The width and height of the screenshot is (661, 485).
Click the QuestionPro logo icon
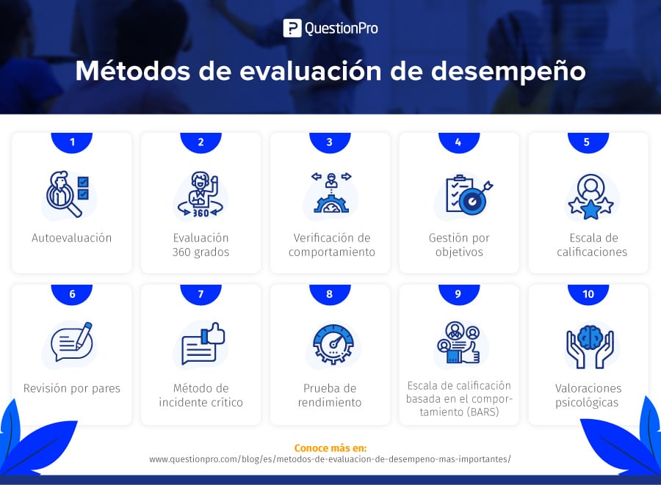coord(292,28)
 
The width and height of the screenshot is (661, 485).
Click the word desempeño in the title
coord(508,70)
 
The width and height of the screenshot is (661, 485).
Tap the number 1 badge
coord(72,142)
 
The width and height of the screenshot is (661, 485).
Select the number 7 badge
coord(201,294)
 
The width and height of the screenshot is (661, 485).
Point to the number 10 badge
coord(588,294)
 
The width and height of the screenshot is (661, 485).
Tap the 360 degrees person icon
coord(201,194)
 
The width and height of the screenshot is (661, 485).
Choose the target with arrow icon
coord(469,195)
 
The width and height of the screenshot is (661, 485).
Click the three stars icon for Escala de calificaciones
coord(590,197)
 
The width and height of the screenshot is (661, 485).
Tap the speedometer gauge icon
coord(333,344)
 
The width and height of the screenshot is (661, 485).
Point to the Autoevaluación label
coord(72,238)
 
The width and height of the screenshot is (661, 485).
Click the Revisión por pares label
coord(72,388)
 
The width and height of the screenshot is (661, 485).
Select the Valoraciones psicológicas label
coord(588,395)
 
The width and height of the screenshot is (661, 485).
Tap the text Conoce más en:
coord(330,448)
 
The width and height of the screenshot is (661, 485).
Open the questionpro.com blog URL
coord(330,459)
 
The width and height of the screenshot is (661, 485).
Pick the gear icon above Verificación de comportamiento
coord(331,205)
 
